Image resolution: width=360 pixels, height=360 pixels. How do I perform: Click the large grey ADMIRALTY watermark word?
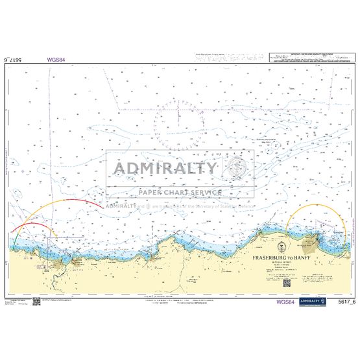point(166,169)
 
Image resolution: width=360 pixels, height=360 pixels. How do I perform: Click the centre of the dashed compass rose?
point(180,122)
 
